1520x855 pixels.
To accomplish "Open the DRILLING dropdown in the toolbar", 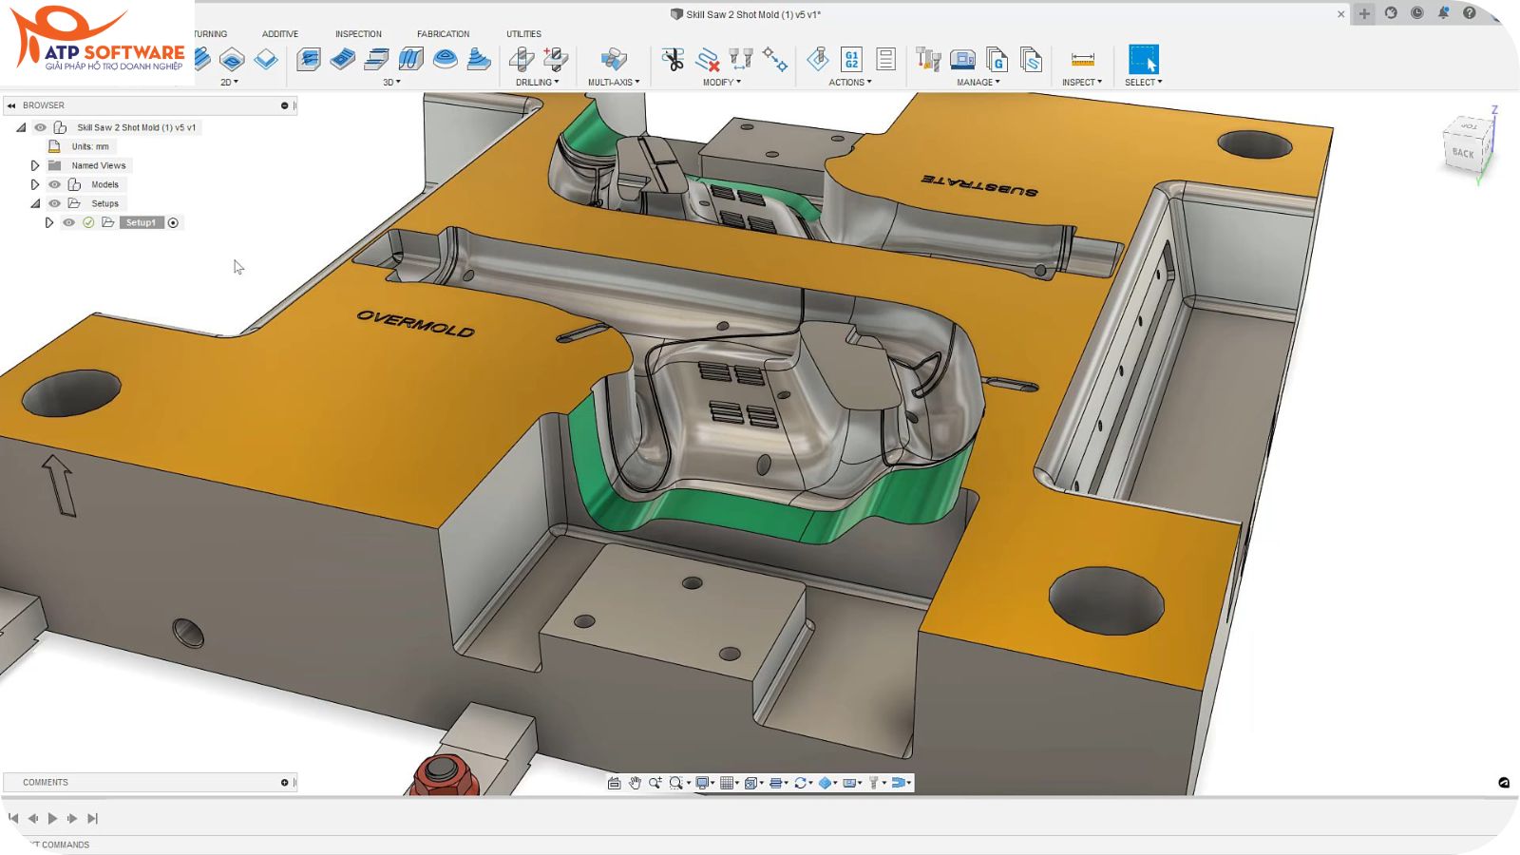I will pyautogui.click(x=538, y=83).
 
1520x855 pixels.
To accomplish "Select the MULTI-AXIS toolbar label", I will pyautogui.click(x=613, y=83).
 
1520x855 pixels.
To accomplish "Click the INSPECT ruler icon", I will pyautogui.click(x=1082, y=60).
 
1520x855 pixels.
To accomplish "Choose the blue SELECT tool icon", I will pyautogui.click(x=1143, y=60).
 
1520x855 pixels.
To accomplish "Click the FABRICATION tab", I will pyautogui.click(x=443, y=34).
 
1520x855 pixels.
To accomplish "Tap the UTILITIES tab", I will pyautogui.click(x=523, y=34).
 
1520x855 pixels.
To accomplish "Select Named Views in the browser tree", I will pyautogui.click(x=98, y=165).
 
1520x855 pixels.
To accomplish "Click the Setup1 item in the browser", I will pyautogui.click(x=141, y=222).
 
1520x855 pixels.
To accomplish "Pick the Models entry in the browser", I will pyautogui.click(x=104, y=184).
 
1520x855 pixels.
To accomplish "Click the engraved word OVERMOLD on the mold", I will pyautogui.click(x=415, y=324).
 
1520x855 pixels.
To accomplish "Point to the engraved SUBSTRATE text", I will pyautogui.click(x=979, y=184).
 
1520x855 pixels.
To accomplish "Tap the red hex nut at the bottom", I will pyautogui.click(x=439, y=773).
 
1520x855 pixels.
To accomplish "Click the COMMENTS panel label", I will pyautogui.click(x=46, y=783).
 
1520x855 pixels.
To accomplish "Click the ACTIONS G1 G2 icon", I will pyautogui.click(x=851, y=60).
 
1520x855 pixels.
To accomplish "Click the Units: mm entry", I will pyautogui.click(x=90, y=146).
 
